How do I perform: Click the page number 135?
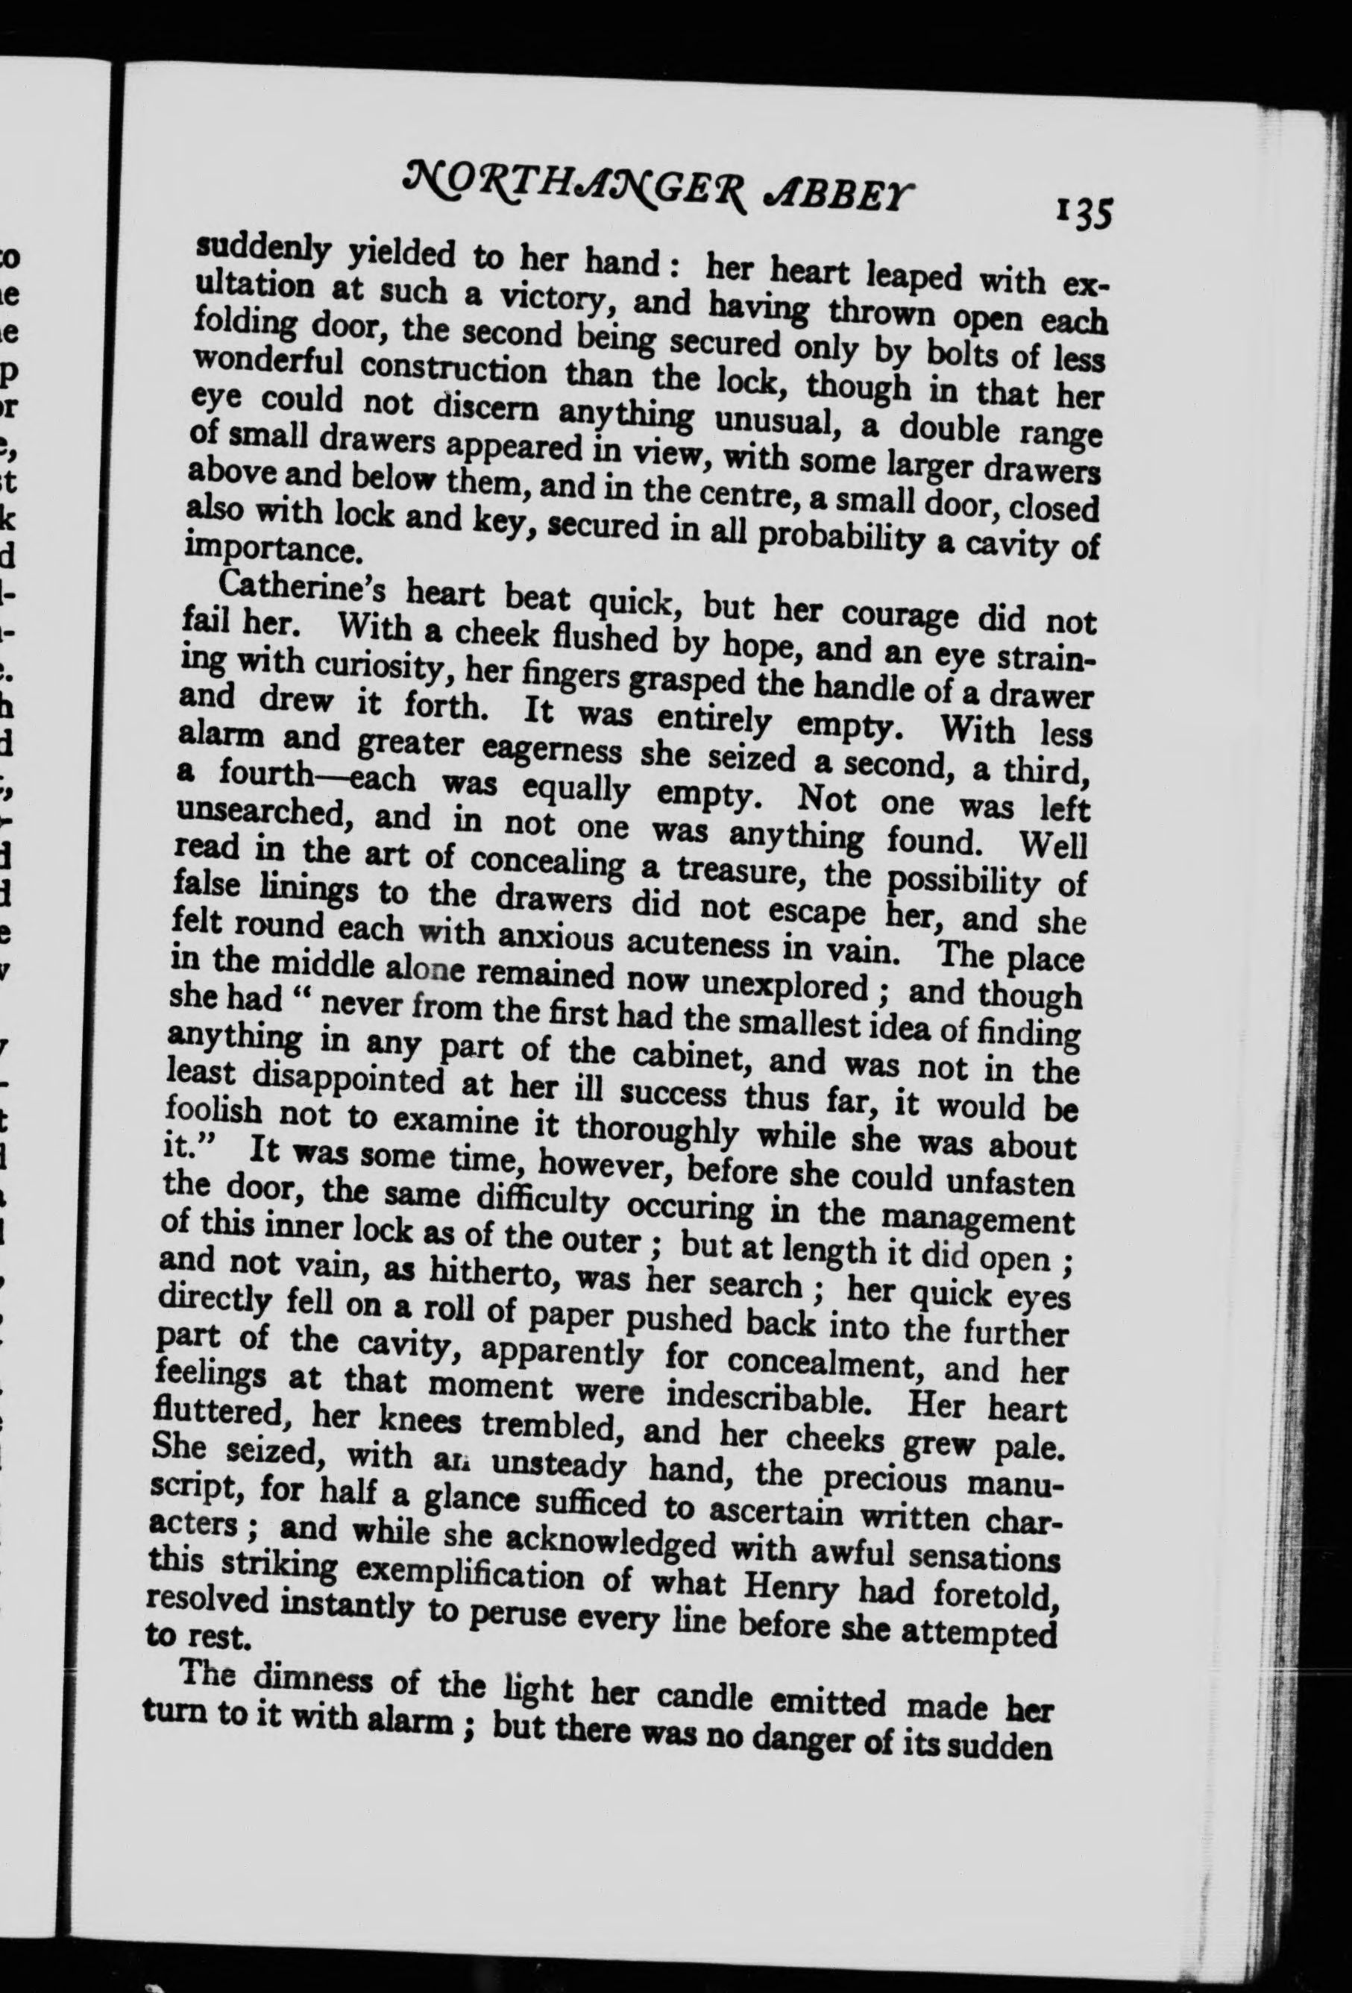coord(1084,211)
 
